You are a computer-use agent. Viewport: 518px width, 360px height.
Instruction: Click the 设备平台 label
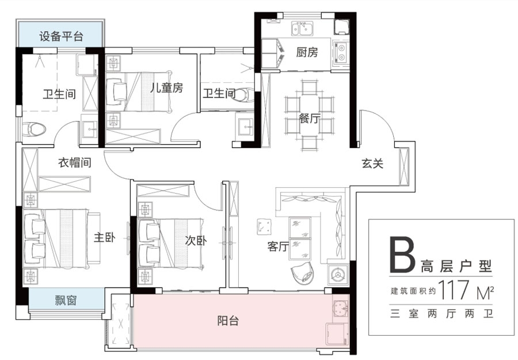pos(61,36)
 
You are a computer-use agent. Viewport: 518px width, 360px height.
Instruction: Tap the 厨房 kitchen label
pos(307,52)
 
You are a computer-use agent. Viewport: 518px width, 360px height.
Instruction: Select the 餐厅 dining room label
pos(310,118)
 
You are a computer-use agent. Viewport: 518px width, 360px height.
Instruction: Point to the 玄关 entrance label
pos(372,163)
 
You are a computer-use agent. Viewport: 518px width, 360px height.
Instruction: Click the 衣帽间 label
pos(75,162)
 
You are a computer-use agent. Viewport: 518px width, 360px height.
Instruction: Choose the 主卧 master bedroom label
pos(104,237)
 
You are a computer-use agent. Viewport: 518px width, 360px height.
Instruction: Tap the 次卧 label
pos(196,240)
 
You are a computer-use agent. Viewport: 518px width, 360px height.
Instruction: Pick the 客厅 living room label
pos(278,247)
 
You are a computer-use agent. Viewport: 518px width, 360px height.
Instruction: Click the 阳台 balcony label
pos(228,320)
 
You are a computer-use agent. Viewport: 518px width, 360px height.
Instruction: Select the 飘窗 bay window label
pos(66,300)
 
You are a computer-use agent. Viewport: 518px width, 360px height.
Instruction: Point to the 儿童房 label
pos(166,88)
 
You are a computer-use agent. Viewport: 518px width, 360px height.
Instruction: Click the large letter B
pos(402,254)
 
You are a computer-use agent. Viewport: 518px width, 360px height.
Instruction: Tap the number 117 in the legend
pos(454,290)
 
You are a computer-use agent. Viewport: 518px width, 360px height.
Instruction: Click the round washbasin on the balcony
pos(340,308)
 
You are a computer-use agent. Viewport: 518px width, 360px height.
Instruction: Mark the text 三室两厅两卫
pos(441,313)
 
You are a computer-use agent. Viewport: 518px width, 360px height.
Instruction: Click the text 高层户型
pos(456,266)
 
